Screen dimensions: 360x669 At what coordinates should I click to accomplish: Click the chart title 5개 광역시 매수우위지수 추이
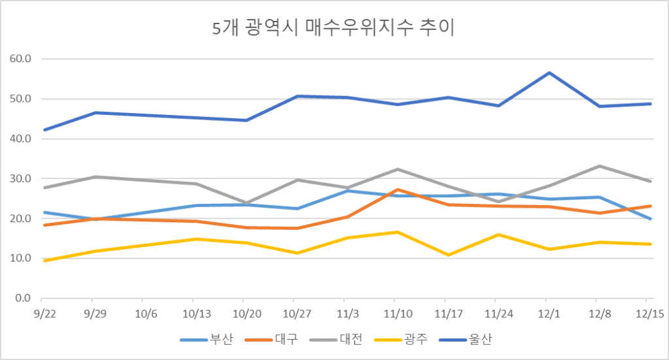tap(334, 29)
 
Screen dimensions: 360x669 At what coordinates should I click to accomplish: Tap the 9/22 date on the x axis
tap(44, 313)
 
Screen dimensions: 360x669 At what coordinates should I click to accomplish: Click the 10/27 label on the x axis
tap(297, 313)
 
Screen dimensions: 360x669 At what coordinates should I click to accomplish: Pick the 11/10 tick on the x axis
tap(399, 313)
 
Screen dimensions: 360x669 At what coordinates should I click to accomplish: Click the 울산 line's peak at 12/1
tap(550, 73)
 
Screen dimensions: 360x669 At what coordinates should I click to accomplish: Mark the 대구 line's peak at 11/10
tap(399, 189)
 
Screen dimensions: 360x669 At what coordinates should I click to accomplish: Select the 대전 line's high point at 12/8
tap(600, 166)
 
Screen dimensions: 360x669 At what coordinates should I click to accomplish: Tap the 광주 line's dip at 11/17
tap(449, 255)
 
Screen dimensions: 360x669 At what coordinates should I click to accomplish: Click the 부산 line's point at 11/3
tap(348, 191)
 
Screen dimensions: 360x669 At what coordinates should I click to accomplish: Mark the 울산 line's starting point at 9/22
tap(44, 130)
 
